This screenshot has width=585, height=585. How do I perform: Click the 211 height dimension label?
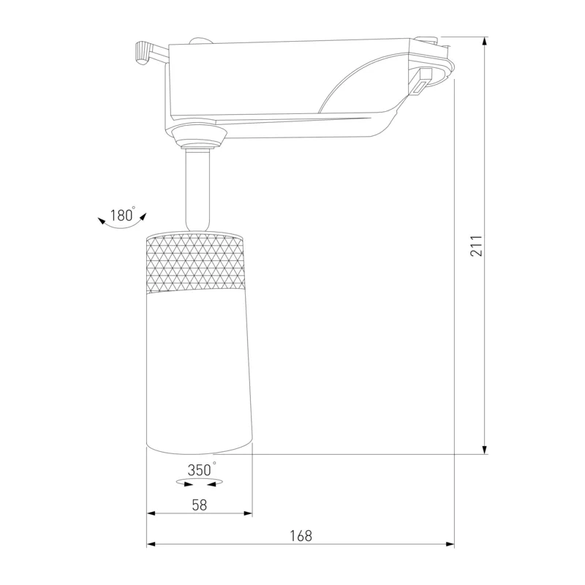click(x=477, y=246)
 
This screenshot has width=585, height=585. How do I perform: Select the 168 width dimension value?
click(x=301, y=536)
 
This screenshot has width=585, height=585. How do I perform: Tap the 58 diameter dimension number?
click(x=199, y=505)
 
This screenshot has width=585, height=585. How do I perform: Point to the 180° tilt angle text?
click(x=122, y=215)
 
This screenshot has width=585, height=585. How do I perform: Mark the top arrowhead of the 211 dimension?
click(x=485, y=41)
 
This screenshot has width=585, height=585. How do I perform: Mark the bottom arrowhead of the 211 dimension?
click(x=485, y=450)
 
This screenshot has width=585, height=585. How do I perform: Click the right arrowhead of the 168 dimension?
click(x=450, y=544)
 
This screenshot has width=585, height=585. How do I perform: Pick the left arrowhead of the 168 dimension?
click(x=151, y=544)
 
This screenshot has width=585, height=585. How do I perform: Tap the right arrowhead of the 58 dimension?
click(x=248, y=513)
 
